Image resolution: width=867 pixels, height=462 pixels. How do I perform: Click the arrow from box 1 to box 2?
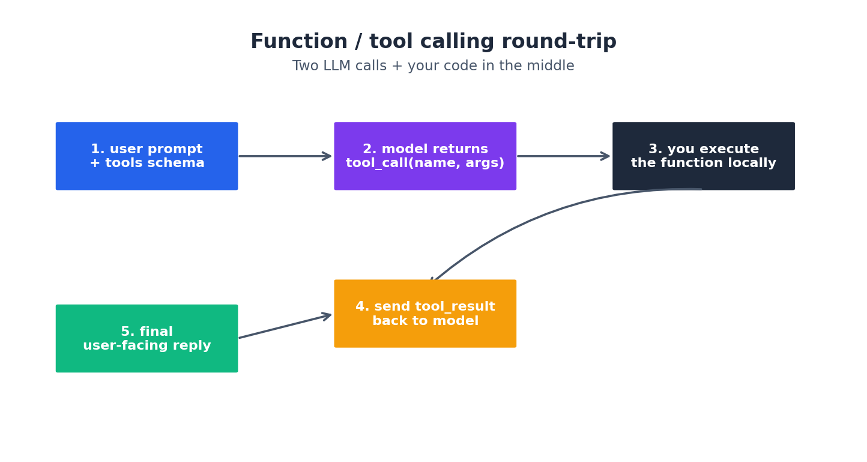[x=285, y=156]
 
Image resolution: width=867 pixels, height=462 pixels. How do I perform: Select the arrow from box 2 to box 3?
[x=563, y=156]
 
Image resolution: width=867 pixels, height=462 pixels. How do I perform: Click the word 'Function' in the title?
[x=298, y=42]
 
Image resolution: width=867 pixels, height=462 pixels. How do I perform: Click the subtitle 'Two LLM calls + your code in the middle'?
[x=433, y=66]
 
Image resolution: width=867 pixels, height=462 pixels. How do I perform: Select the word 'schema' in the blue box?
[x=180, y=163]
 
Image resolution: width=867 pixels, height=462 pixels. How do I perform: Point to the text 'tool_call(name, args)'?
[x=424, y=163]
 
